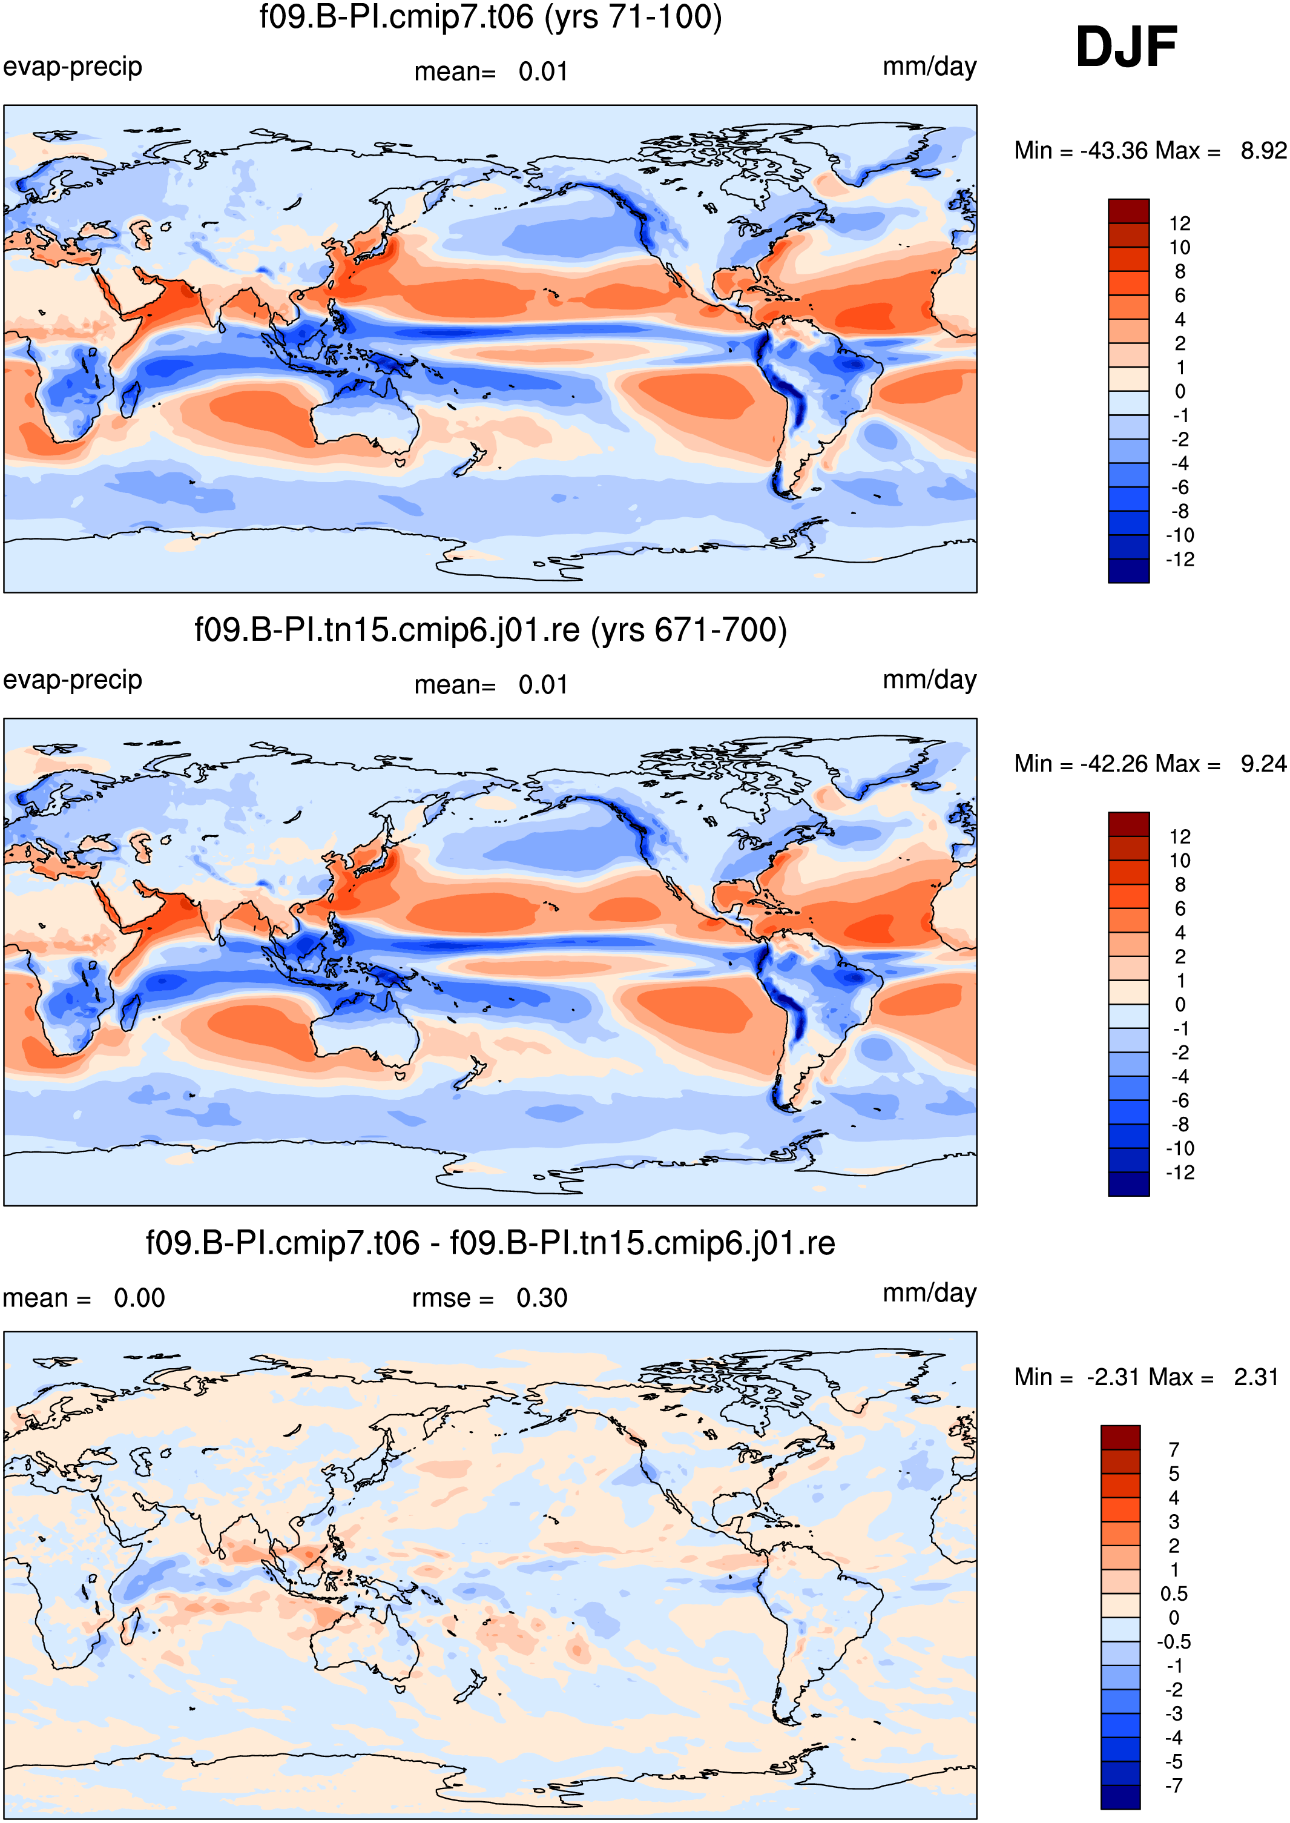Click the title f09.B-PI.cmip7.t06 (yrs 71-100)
click(491, 17)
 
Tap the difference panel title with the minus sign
click(491, 1243)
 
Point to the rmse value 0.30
click(542, 1299)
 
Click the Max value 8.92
click(1263, 150)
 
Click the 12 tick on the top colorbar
click(1180, 223)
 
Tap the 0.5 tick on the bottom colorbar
click(1173, 1593)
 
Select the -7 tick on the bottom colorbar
click(1173, 1785)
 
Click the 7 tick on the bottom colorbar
click(1174, 1449)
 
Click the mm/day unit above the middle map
click(929, 680)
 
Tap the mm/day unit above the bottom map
click(929, 1294)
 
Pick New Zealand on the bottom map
click(470, 1685)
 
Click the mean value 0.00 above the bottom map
click(139, 1299)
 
